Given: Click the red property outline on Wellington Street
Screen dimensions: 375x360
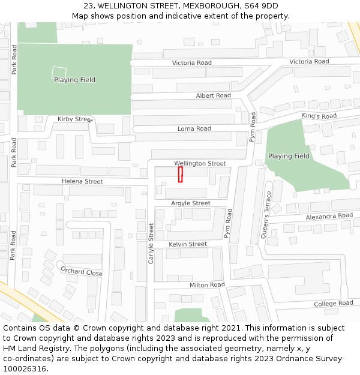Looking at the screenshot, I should pyautogui.click(x=180, y=174).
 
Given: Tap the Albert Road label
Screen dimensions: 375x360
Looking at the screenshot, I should pyautogui.click(x=213, y=96).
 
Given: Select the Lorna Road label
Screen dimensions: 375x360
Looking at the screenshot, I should pyautogui.click(x=194, y=129).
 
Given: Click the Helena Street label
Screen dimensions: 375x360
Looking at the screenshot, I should pyautogui.click(x=82, y=181).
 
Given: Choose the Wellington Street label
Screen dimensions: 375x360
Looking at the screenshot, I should pyautogui.click(x=200, y=163).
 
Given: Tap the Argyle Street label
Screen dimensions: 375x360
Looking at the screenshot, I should pyautogui.click(x=190, y=203).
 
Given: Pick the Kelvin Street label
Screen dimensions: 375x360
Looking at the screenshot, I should pyautogui.click(x=187, y=244).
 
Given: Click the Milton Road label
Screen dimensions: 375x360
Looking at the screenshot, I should pyautogui.click(x=207, y=285).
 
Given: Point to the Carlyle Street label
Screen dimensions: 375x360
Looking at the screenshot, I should pyautogui.click(x=151, y=243).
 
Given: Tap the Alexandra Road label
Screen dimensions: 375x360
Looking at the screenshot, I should pyautogui.click(x=329, y=216).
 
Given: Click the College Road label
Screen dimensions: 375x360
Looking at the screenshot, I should pyautogui.click(x=333, y=304).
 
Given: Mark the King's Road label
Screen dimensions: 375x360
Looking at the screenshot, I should pyautogui.click(x=319, y=116).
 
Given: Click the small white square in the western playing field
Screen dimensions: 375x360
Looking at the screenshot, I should pyautogui.click(x=59, y=71).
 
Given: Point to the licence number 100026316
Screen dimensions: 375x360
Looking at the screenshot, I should pyautogui.click(x=25, y=368).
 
